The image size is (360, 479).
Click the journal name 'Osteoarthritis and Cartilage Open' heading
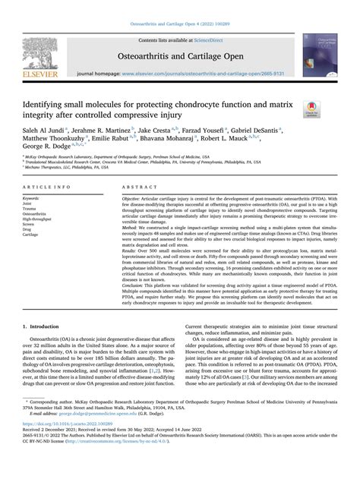click(x=179, y=55)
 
